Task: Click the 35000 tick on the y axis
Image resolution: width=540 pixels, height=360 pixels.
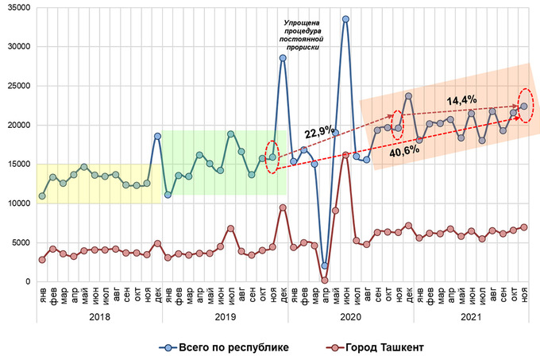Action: pyautogui.click(x=17, y=7)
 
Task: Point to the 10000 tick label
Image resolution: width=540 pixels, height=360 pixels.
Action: pyautogui.click(x=17, y=203)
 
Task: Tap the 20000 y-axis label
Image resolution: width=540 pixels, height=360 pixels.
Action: pyautogui.click(x=17, y=125)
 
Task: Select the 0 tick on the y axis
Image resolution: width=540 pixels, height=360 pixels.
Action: pyautogui.click(x=25, y=282)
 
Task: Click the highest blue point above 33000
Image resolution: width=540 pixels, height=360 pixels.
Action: pyautogui.click(x=345, y=19)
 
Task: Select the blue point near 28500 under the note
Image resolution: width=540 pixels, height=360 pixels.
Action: pyautogui.click(x=283, y=58)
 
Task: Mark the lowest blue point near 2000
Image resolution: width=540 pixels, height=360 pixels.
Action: pyautogui.click(x=325, y=265)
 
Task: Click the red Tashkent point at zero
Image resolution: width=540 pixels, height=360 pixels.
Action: pyautogui.click(x=325, y=280)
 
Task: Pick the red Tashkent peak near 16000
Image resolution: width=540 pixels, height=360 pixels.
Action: pyautogui.click(x=345, y=155)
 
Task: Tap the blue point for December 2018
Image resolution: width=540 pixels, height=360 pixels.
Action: pyautogui.click(x=157, y=136)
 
